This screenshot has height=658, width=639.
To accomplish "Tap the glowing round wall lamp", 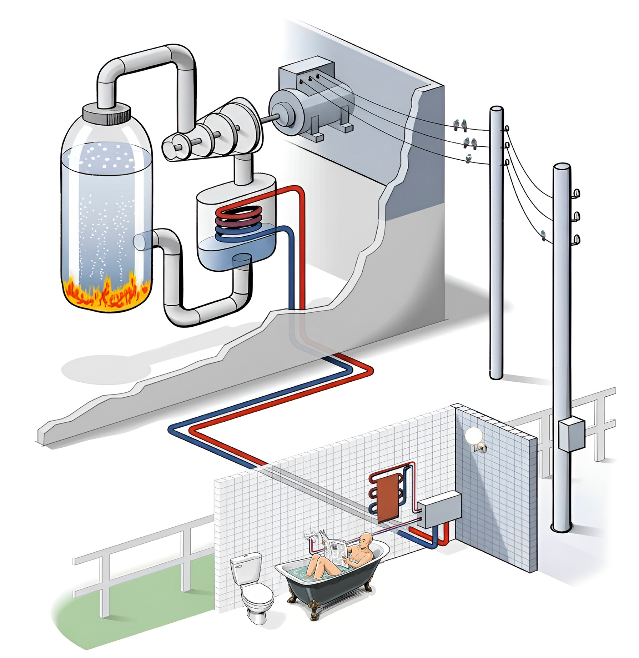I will pyautogui.click(x=473, y=436).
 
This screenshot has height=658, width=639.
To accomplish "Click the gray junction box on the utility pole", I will pyautogui.click(x=572, y=435).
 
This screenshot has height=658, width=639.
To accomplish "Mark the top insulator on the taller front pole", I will pyautogui.click(x=575, y=194).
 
